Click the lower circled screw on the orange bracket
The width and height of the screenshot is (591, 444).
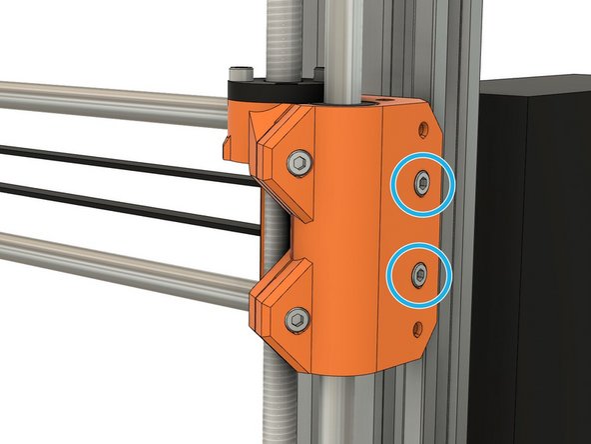[420, 272]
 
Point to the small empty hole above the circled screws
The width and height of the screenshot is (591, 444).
[426, 129]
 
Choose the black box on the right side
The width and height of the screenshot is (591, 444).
[534, 250]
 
